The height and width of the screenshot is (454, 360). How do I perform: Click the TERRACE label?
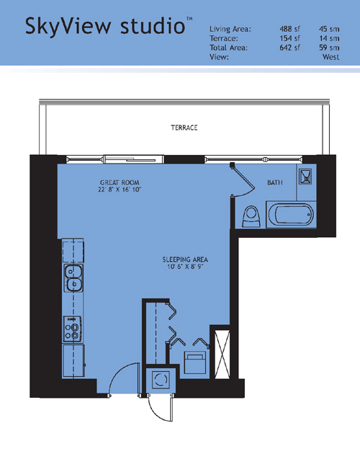[x=184, y=128]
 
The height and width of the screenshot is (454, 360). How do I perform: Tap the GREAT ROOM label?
[x=120, y=183]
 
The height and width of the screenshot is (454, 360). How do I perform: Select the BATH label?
[x=274, y=182]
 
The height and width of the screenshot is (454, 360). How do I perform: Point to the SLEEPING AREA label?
[x=185, y=259]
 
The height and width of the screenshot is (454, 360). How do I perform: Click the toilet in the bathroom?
[x=251, y=216]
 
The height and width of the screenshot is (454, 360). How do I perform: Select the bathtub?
[x=291, y=214]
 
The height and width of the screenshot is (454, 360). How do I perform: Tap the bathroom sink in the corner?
[x=305, y=177]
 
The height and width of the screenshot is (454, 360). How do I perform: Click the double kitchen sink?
[x=73, y=278]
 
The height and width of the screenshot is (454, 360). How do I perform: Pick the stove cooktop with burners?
[x=72, y=329]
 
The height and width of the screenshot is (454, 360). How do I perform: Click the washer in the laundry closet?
[x=160, y=379]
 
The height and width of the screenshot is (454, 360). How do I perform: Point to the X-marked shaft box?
[x=222, y=354]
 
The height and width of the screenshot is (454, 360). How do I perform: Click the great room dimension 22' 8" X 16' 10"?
[x=120, y=190]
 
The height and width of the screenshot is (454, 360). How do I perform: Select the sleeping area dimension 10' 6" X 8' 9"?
[x=185, y=267]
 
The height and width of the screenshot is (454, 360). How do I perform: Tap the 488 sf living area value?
[x=289, y=29]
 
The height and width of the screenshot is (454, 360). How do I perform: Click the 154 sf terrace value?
[x=289, y=38]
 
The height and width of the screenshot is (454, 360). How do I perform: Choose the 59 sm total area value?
[x=329, y=48]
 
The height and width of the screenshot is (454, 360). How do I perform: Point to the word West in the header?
[x=330, y=57]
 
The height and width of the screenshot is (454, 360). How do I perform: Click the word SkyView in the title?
[x=68, y=27]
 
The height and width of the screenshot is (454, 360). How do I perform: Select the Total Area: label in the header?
[x=229, y=48]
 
